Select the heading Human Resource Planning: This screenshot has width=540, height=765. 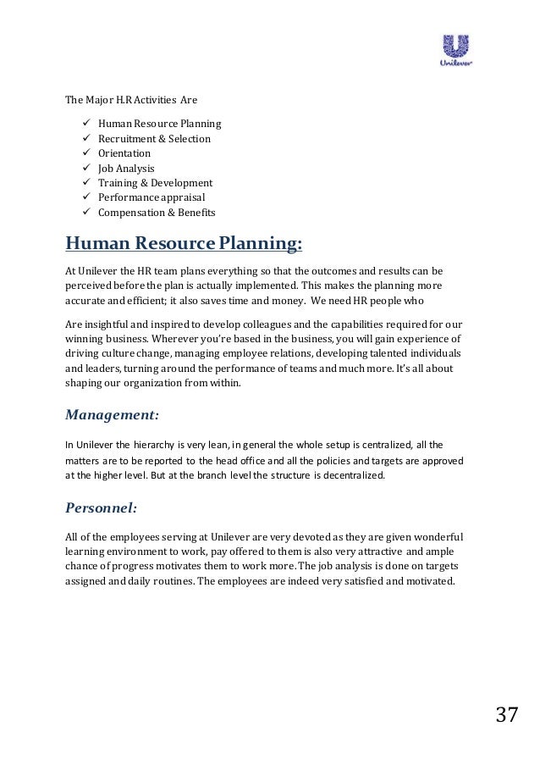184,245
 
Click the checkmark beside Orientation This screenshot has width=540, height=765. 85,153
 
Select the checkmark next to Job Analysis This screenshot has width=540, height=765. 85,168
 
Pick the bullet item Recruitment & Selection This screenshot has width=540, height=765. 154,139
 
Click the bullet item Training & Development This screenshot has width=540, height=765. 155,183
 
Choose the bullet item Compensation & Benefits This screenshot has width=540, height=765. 157,213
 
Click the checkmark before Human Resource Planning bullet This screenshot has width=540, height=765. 85,124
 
